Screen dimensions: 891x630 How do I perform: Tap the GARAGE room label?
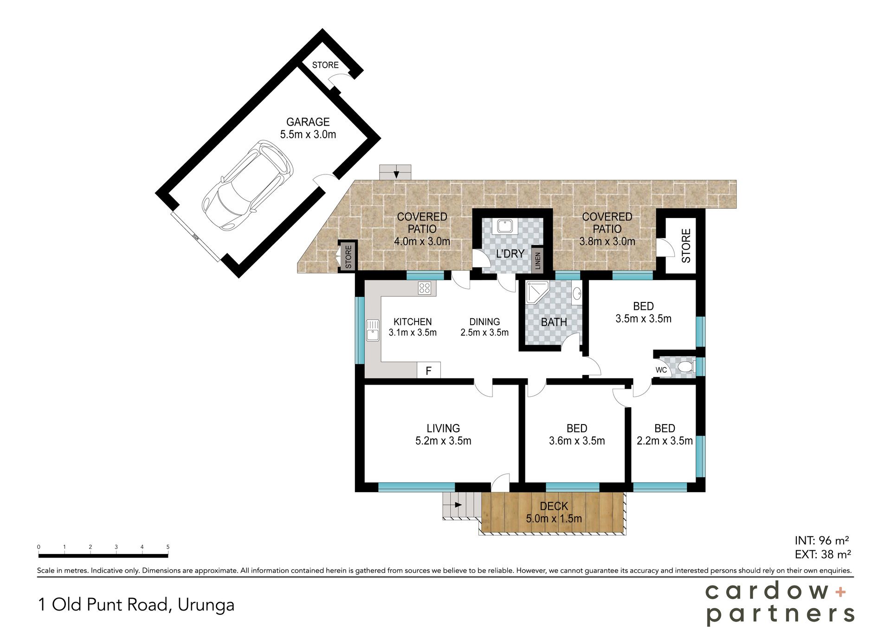coord(308,122)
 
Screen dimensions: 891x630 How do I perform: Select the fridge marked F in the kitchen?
coord(428,370)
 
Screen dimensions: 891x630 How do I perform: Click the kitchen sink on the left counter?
coord(373,330)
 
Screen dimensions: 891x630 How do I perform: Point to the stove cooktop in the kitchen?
coord(424,288)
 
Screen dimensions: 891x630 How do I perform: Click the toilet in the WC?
coord(685,367)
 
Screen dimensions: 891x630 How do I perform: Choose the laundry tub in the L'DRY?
coord(504,226)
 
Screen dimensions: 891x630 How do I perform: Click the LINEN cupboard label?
coord(538,260)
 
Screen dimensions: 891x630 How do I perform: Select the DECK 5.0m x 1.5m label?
coord(554,513)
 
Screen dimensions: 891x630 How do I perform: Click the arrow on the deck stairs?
coord(457,505)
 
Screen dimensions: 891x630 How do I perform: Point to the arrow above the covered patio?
coord(396,174)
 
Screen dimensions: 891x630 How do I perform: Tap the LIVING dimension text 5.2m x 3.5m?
coord(443,441)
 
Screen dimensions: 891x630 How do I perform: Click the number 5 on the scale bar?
coord(168,547)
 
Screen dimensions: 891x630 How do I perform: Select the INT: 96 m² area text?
coord(822,540)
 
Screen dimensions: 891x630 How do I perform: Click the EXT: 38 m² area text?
coord(822,554)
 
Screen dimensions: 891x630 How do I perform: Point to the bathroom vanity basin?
coord(576,294)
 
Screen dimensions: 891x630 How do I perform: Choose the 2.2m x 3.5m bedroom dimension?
coord(665,441)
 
